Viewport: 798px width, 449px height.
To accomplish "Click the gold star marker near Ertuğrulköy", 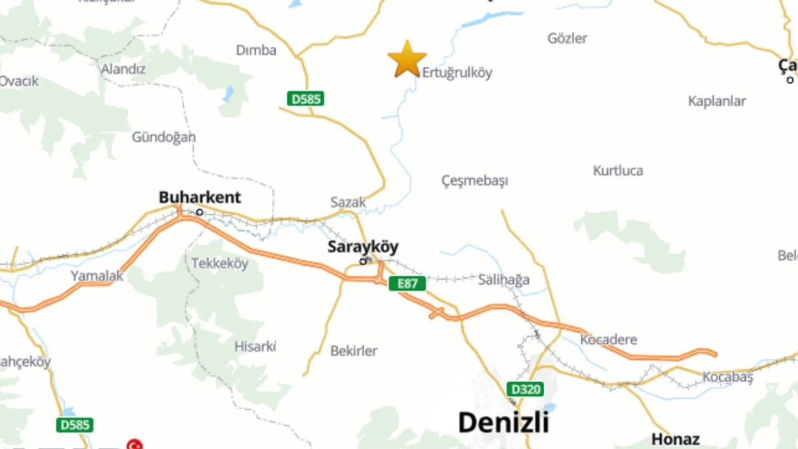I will tap(407, 59).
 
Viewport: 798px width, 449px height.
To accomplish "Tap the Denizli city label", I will tap(503, 422).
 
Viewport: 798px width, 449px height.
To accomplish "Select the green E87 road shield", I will tap(407, 284).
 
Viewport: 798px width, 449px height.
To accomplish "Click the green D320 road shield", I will tap(524, 389).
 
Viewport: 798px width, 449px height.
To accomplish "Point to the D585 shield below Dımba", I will tap(305, 99).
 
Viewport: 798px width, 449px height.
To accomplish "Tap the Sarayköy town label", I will tap(363, 247).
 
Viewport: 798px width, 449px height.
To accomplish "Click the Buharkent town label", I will tap(199, 198).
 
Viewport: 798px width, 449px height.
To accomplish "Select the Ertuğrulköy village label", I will tap(457, 73).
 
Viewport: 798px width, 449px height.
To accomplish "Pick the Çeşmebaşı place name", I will tap(474, 181).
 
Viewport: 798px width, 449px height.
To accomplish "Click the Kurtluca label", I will tap(618, 171).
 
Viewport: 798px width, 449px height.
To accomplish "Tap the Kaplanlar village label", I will tap(717, 101).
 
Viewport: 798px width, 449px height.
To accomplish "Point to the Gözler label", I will tap(567, 39).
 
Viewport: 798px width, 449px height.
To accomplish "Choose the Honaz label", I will tap(675, 439).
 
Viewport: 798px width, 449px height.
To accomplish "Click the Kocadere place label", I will tap(608, 340).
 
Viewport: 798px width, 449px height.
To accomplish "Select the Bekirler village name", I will tap(353, 351).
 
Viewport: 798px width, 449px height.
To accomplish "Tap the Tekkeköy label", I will tap(219, 263).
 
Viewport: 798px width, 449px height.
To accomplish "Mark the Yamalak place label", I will tap(97, 276).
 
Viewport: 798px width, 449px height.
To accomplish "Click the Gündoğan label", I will tap(163, 137).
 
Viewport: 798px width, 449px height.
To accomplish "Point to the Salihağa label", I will tap(503, 280).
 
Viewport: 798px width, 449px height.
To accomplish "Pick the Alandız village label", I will tap(123, 69).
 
